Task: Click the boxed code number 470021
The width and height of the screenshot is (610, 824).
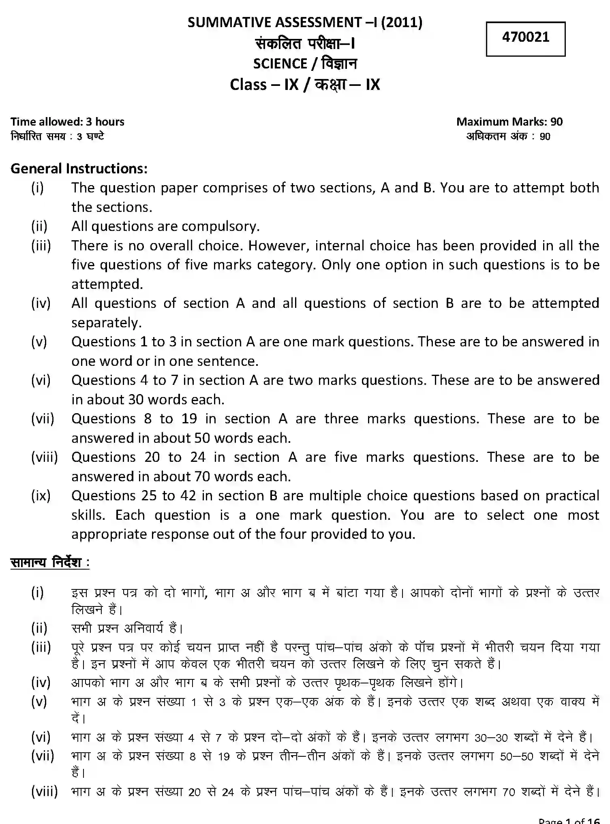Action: tap(525, 37)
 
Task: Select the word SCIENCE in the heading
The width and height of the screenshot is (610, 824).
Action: tap(280, 64)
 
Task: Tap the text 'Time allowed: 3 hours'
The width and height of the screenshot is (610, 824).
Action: tap(67, 122)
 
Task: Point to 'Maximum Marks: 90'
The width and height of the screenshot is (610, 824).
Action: tap(509, 122)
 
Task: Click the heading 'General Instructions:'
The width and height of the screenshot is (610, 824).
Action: tap(79, 169)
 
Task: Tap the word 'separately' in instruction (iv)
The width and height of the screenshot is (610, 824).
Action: tap(106, 323)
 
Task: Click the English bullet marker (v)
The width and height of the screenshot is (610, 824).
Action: tap(39, 342)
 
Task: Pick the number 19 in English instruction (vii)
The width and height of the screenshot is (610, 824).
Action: tap(189, 419)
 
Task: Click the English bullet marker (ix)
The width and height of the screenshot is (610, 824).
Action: tap(41, 496)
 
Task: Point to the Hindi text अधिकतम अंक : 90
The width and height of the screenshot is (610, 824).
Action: tap(508, 136)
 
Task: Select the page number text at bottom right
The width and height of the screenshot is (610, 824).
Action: tap(569, 820)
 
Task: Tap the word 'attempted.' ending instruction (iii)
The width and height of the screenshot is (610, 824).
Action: tap(107, 284)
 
